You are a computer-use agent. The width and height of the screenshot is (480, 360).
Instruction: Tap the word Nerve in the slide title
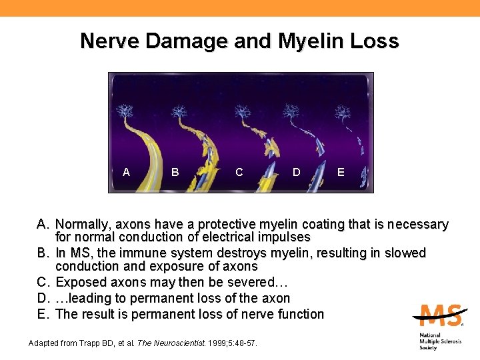[x=109, y=41]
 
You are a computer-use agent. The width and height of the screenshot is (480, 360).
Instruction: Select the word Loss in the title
[x=376, y=41]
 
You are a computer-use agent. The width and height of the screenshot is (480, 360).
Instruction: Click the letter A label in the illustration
[x=127, y=172]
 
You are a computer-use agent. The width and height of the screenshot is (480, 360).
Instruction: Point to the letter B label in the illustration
[x=175, y=172]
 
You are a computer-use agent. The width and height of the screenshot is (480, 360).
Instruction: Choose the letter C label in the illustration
[x=239, y=172]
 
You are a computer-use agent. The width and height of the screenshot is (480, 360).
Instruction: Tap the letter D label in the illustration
[x=296, y=172]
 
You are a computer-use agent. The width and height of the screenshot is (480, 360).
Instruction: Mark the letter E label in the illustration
[x=341, y=172]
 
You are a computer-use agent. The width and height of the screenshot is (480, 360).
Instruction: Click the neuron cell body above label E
[x=343, y=110]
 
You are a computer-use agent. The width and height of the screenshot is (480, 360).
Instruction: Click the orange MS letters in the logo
[x=437, y=315]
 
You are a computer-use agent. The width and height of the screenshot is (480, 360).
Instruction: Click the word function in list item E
[x=299, y=314]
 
